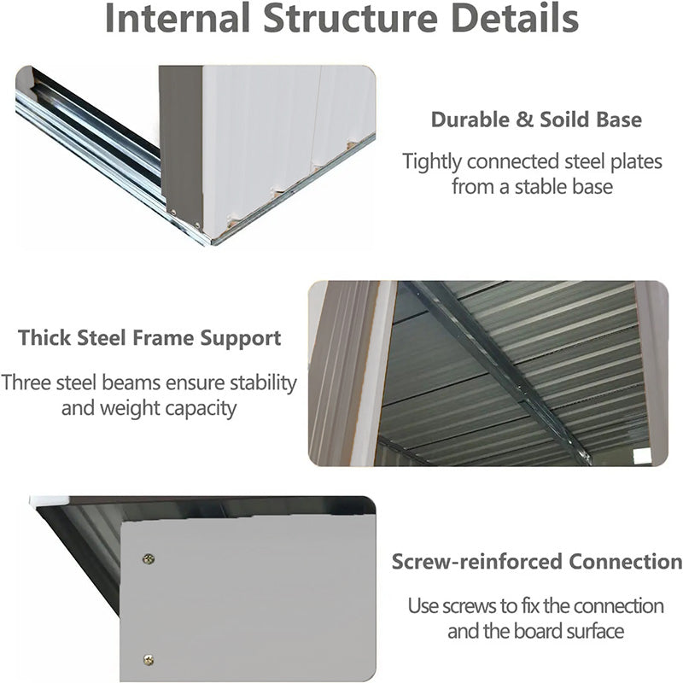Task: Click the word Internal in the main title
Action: point(178,18)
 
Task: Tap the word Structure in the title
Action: point(351,18)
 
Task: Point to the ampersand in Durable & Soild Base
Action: point(524,120)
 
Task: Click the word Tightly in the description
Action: point(432,162)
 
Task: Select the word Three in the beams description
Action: point(26,382)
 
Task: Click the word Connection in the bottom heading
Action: point(626,562)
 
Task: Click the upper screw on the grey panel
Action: point(149,559)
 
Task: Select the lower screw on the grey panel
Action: point(149,660)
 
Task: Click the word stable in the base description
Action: point(542,187)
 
